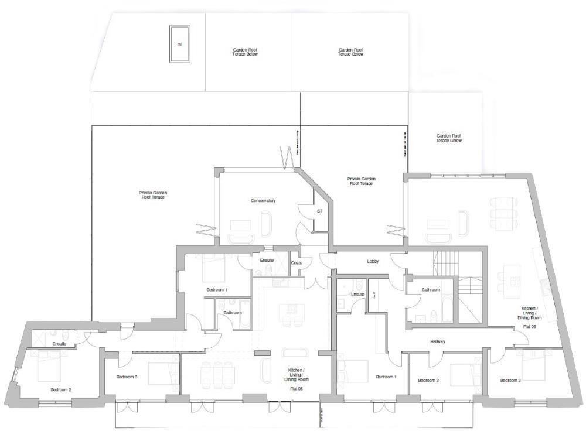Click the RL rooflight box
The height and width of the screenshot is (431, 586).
[179, 44]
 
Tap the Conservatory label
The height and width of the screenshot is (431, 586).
[263, 201]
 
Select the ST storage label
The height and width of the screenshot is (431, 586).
[319, 210]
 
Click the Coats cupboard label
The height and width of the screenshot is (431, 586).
[297, 263]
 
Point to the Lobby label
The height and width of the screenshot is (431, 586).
[373, 261]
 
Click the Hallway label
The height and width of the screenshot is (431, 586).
[438, 341]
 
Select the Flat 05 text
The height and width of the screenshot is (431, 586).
[296, 389]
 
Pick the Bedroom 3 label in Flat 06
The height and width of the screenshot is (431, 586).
[510, 381]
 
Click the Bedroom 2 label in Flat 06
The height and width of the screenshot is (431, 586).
[428, 381]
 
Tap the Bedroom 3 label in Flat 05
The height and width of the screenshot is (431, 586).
[127, 377]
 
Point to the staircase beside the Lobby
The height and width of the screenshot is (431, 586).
[445, 258]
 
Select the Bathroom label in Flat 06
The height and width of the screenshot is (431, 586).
[431, 290]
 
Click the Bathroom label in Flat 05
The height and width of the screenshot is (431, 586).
[233, 312]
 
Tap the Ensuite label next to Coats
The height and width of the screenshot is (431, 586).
[264, 260]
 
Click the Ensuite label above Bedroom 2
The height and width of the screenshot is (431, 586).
[59, 343]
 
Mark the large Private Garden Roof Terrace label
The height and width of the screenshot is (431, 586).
[152, 195]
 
